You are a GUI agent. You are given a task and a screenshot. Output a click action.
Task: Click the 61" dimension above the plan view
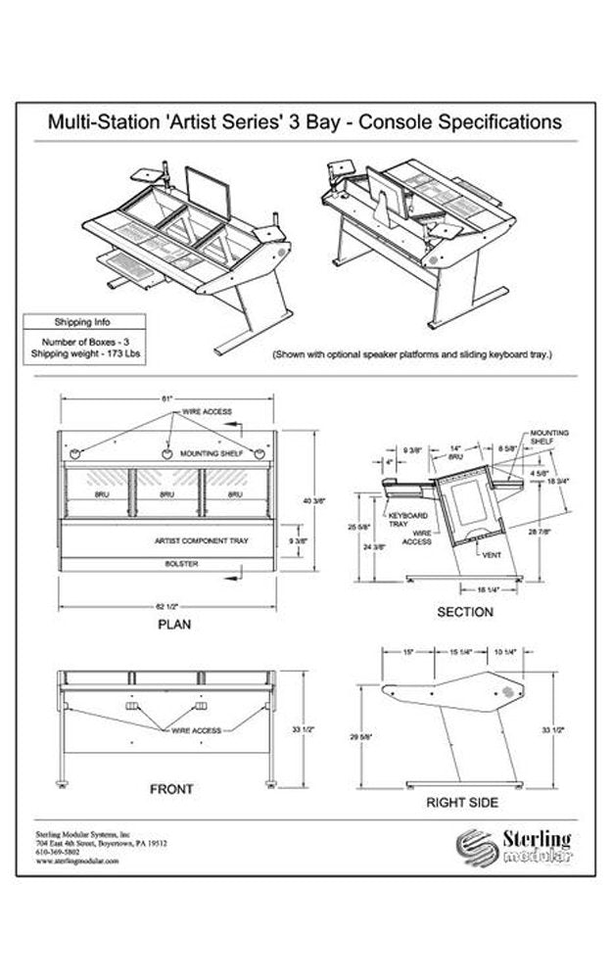click(x=167, y=399)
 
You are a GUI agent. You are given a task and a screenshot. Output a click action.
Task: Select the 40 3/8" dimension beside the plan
click(x=314, y=500)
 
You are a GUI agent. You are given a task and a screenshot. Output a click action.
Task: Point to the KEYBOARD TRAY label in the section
click(x=403, y=518)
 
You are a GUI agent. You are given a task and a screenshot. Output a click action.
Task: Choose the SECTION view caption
click(x=464, y=612)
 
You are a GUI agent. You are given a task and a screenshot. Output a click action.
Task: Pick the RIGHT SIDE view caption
click(x=461, y=802)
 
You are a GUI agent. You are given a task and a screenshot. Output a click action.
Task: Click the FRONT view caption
click(x=170, y=789)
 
